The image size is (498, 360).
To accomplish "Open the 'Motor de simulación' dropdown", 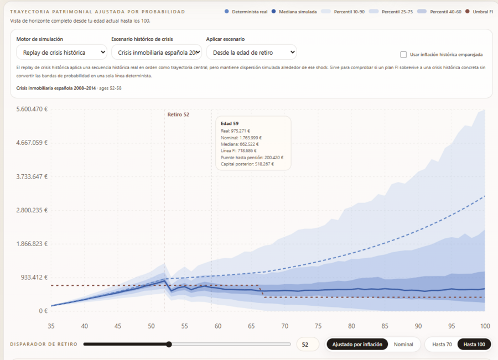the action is pyautogui.click(x=61, y=53).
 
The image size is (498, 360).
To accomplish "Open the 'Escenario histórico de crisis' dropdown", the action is pyautogui.click(x=157, y=53).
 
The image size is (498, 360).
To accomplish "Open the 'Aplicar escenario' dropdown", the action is pyautogui.click(x=252, y=53).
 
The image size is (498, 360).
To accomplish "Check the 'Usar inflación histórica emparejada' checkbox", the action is pyautogui.click(x=403, y=55).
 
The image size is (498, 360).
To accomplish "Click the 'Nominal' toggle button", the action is pyautogui.click(x=403, y=345).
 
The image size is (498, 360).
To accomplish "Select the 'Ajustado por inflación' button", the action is pyautogui.click(x=357, y=345).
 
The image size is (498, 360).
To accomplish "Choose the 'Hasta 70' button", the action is pyautogui.click(x=442, y=345).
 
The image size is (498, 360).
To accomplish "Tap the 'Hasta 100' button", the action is pyautogui.click(x=474, y=345).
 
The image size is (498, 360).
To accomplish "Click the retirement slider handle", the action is pyautogui.click(x=169, y=344).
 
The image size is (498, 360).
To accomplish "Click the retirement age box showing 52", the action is pyautogui.click(x=308, y=345).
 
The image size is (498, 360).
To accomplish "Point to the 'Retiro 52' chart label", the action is pyautogui.click(x=178, y=114).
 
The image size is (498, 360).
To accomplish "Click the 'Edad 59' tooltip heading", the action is pyautogui.click(x=230, y=123).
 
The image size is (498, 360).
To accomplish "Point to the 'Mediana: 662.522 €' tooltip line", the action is pyautogui.click(x=240, y=144).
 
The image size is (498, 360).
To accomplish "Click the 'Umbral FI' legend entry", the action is pyautogui.click(x=479, y=12).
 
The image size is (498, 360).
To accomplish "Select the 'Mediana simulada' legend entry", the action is pyautogui.click(x=294, y=12).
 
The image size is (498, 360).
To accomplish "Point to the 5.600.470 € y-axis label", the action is pyautogui.click(x=32, y=109).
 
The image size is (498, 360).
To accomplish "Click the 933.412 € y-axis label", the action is pyautogui.click(x=34, y=278).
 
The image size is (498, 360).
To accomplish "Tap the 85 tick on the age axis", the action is pyautogui.click(x=385, y=326).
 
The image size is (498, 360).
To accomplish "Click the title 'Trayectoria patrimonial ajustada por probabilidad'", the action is pyautogui.click(x=97, y=12).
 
